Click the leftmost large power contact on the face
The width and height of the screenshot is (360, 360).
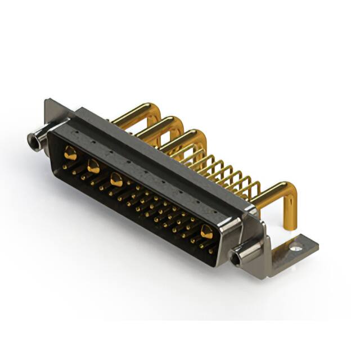tap(70, 152)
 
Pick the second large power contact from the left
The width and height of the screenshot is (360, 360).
tap(93, 166)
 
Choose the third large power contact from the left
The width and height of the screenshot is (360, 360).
tap(116, 180)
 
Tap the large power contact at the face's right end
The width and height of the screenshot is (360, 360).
tap(207, 231)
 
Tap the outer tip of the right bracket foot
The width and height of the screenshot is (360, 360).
tap(315, 243)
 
